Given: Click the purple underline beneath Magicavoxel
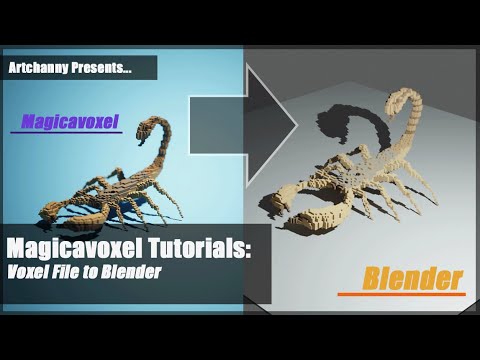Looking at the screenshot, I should [x=65, y=133].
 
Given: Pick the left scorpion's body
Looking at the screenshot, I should [x=95, y=195].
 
